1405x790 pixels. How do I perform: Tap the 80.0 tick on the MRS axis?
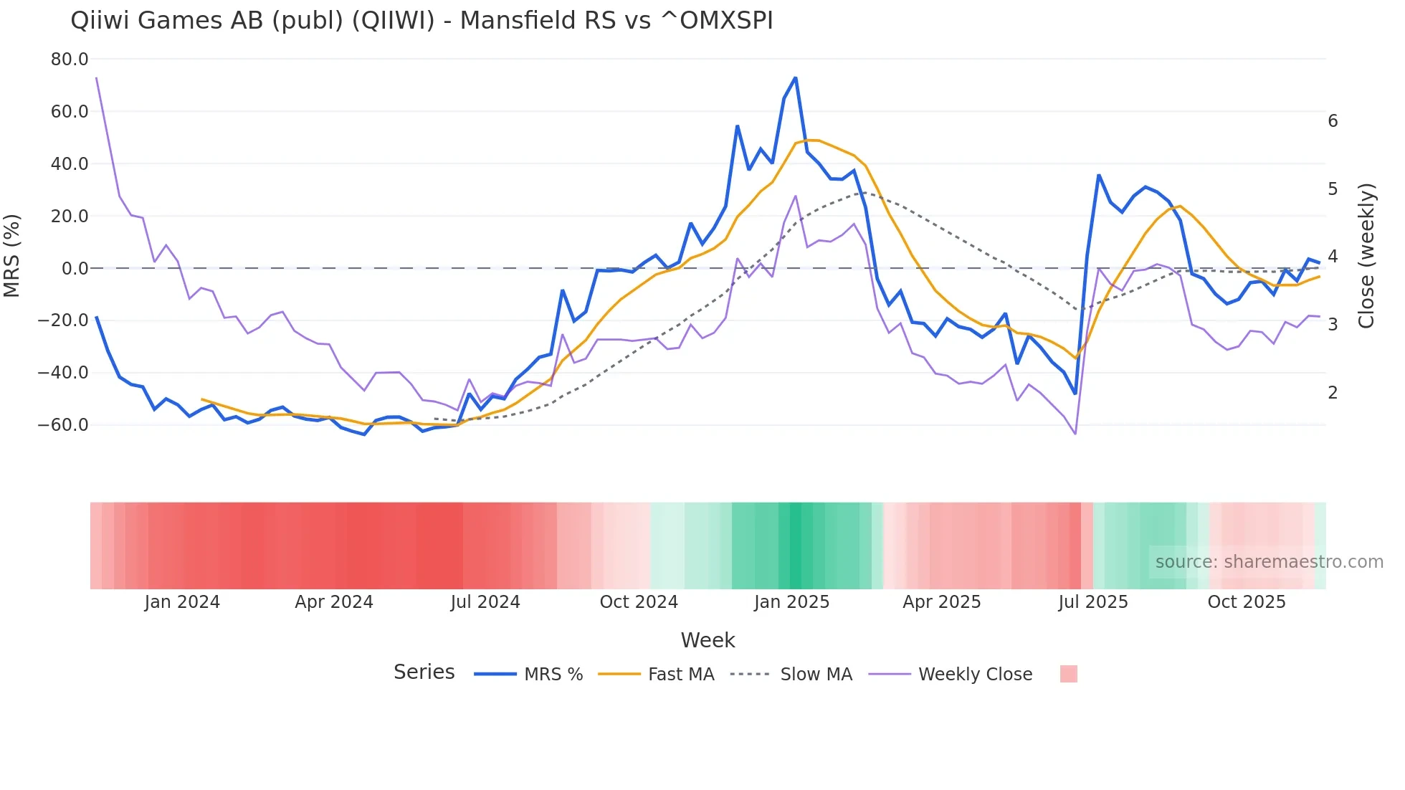point(70,60)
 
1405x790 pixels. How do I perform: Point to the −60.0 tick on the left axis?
point(63,425)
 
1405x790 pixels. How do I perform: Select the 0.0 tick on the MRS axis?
point(75,269)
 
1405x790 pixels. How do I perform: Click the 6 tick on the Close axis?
point(1333,121)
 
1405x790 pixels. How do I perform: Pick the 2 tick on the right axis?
point(1333,393)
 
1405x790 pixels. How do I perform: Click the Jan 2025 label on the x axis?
point(791,602)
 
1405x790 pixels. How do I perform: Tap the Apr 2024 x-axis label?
point(334,602)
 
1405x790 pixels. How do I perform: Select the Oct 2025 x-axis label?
point(1247,602)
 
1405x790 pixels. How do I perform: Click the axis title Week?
point(708,640)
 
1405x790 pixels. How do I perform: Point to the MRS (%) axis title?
point(12,255)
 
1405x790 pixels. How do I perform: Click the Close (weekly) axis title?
point(1366,256)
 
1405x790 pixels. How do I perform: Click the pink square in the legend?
point(1068,674)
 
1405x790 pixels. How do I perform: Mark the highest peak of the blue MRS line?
point(795,77)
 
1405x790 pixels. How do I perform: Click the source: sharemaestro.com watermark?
point(1269,562)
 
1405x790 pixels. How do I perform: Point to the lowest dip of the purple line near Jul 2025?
point(1075,434)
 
